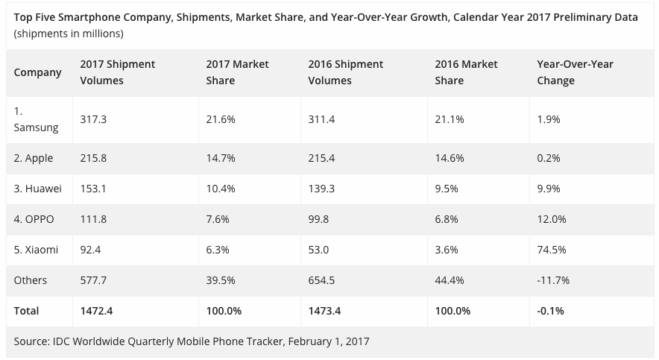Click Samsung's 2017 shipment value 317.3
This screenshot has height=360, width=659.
[x=93, y=119]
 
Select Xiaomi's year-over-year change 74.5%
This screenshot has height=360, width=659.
[x=551, y=250]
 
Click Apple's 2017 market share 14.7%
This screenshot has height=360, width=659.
[x=221, y=159]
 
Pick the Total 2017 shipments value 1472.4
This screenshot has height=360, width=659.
[x=97, y=311]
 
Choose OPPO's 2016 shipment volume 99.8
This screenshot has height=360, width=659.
[x=320, y=219]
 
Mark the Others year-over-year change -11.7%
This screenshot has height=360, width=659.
[x=553, y=280]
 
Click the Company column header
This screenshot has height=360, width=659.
[x=37, y=72]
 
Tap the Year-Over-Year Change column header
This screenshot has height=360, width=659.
[x=575, y=72]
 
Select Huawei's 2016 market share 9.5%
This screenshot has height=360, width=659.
[x=447, y=189]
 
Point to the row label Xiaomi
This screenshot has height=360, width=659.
[x=36, y=250]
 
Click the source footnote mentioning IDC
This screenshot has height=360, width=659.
[x=192, y=342]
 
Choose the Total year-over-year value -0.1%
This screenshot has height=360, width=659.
[x=551, y=311]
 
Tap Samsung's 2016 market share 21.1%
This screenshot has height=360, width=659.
[x=449, y=119]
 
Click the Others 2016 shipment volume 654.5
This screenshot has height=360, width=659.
[x=322, y=280]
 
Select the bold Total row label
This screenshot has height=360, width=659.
[x=27, y=311]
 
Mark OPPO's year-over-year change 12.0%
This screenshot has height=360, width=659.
[x=551, y=219]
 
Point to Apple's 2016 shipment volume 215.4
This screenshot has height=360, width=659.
[x=322, y=159]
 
